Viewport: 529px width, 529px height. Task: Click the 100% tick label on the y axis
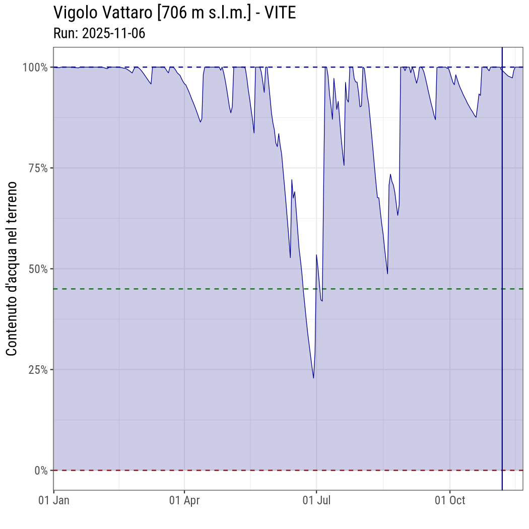click(x=35, y=67)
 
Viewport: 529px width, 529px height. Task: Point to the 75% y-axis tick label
click(x=37, y=168)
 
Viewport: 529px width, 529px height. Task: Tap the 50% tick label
click(x=37, y=269)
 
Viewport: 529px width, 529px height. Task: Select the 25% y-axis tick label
click(x=37, y=369)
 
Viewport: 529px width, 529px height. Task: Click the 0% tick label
click(x=41, y=470)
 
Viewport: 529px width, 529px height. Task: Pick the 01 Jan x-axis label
click(x=54, y=500)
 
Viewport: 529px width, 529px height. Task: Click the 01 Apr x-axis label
click(x=184, y=500)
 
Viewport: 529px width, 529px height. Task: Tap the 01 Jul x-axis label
click(x=316, y=500)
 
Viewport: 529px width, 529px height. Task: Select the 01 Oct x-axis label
click(x=449, y=500)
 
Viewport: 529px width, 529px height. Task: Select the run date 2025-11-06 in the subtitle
click(x=113, y=33)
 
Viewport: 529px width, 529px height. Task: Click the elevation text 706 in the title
click(x=172, y=13)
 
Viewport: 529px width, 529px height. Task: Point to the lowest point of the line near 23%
click(x=313, y=378)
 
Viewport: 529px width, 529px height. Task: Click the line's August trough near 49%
click(x=387, y=274)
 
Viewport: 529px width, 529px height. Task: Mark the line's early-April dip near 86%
click(x=201, y=122)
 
